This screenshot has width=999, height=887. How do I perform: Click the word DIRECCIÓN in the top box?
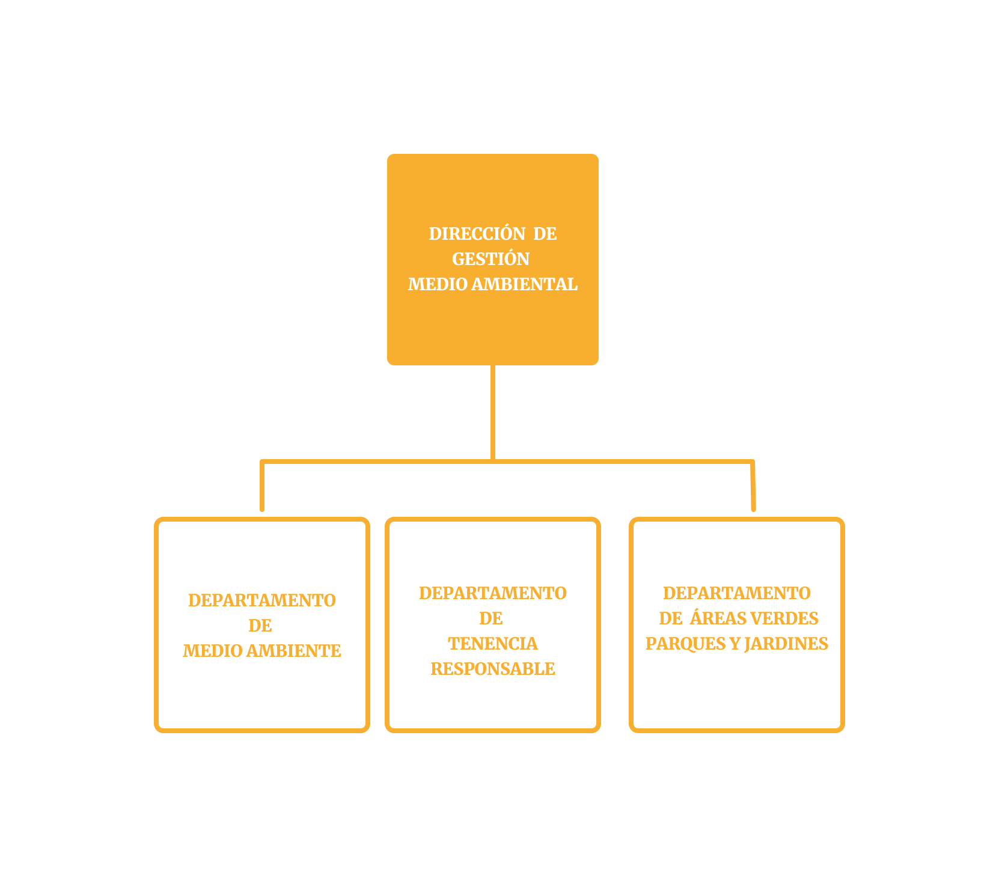[x=477, y=233]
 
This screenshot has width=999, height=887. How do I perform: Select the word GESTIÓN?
[x=490, y=258]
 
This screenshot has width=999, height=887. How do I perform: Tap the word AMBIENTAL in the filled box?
[x=524, y=284]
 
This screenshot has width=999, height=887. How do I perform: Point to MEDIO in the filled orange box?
[x=438, y=284]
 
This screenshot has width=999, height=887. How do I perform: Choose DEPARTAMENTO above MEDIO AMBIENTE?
[x=262, y=600]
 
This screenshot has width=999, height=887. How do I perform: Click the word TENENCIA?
[x=493, y=644]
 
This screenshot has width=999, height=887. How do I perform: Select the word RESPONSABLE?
[x=493, y=669]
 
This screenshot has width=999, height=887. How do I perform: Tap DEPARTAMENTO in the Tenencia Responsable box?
[x=493, y=593]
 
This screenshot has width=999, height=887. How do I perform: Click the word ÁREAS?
[x=718, y=618]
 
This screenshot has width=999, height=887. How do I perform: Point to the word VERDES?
[x=784, y=618]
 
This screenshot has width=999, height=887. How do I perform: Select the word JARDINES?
[x=786, y=644]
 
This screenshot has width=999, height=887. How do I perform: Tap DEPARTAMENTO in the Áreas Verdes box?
[x=737, y=593]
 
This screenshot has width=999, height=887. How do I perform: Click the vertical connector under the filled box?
[x=493, y=413]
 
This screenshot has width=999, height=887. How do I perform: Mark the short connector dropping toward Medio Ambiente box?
[x=262, y=486]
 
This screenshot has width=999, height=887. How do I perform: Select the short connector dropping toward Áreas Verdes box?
[x=753, y=486]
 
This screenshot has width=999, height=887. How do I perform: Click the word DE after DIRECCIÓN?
[x=545, y=233]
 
